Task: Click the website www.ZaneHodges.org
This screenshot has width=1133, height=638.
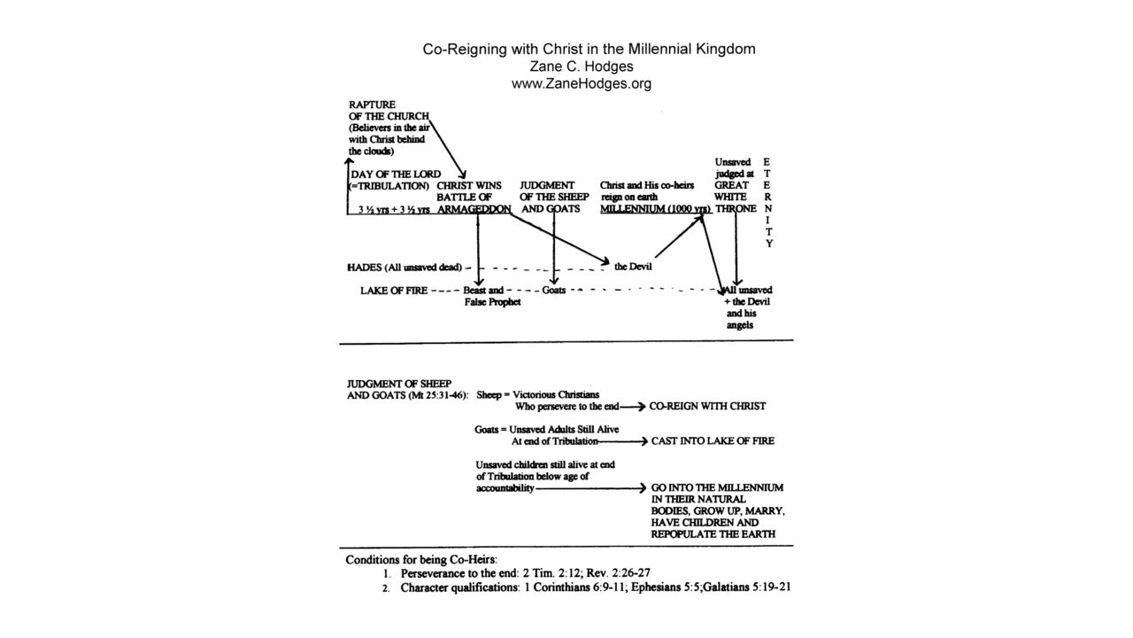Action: pyautogui.click(x=581, y=84)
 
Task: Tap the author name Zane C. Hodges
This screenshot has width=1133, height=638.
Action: pyautogui.click(x=581, y=66)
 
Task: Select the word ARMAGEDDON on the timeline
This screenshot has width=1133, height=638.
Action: pyautogui.click(x=474, y=209)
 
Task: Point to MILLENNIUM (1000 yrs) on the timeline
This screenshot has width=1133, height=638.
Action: pyautogui.click(x=655, y=209)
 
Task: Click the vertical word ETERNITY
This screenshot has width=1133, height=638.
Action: pyautogui.click(x=768, y=203)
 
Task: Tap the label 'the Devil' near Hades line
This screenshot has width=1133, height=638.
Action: pyautogui.click(x=634, y=266)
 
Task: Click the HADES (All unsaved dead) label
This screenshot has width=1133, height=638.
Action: pyautogui.click(x=404, y=267)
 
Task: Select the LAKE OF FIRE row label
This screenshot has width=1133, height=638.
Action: pyautogui.click(x=393, y=290)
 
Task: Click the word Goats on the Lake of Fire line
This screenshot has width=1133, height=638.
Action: pyautogui.click(x=554, y=290)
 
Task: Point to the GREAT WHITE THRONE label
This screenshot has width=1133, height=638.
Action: pyautogui.click(x=735, y=197)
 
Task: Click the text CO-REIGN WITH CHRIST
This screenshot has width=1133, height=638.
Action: pyautogui.click(x=707, y=406)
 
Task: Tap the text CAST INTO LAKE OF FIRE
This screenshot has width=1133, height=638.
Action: pyautogui.click(x=713, y=440)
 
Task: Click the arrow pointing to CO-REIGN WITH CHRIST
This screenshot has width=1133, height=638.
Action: pyautogui.click(x=631, y=406)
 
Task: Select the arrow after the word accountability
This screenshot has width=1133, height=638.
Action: pyautogui.click(x=590, y=488)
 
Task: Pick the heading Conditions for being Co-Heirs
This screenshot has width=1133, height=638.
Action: pyautogui.click(x=421, y=559)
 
